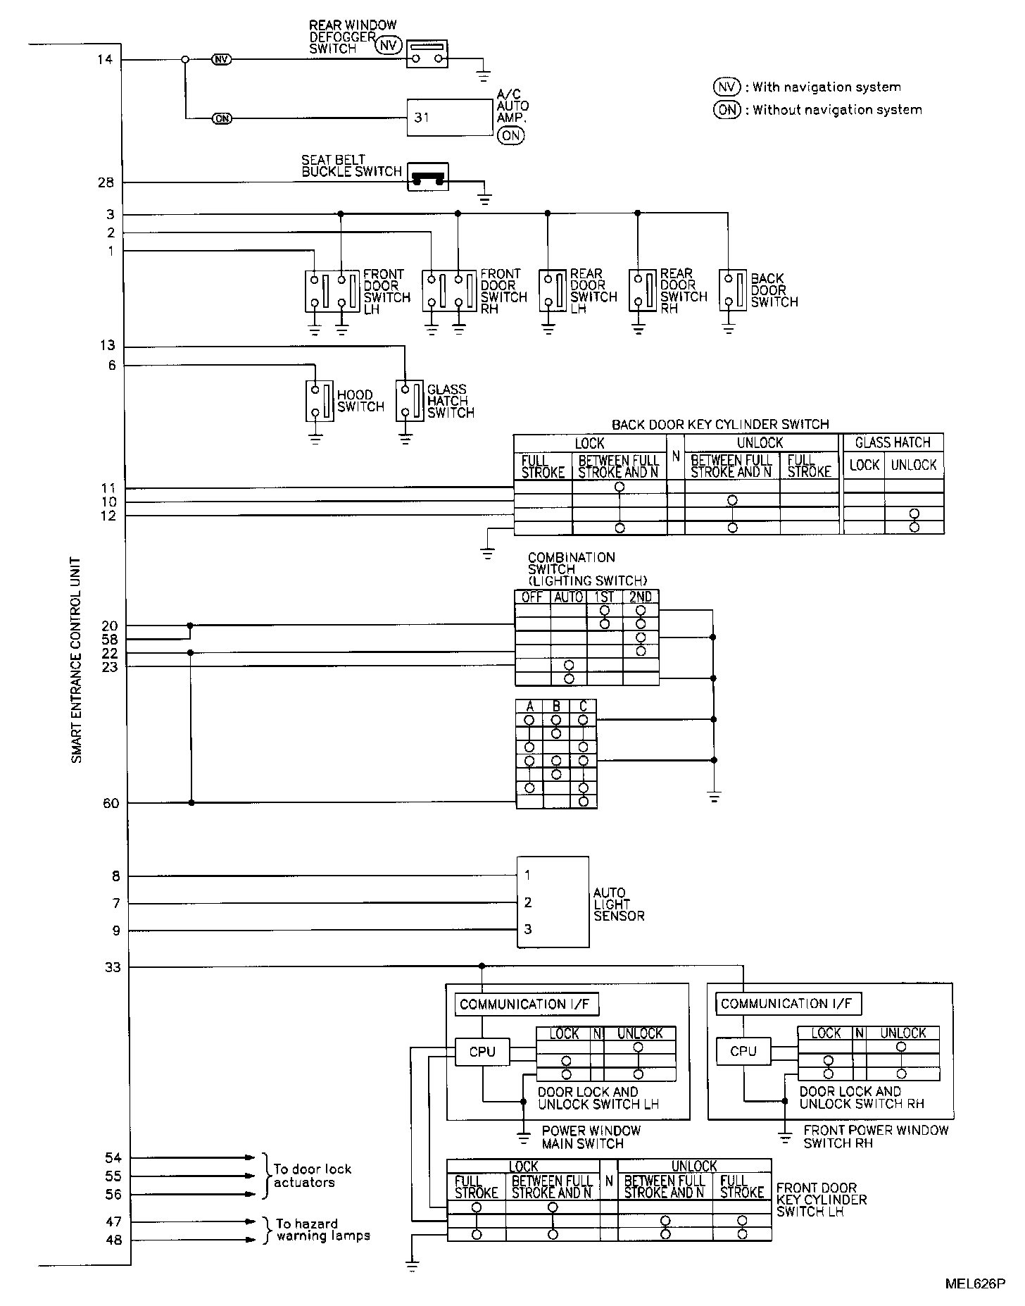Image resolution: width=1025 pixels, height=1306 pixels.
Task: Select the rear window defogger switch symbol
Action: tap(427, 54)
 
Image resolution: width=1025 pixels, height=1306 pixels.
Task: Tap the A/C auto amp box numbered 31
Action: tap(450, 118)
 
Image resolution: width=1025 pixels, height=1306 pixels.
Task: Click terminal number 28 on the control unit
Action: tap(106, 183)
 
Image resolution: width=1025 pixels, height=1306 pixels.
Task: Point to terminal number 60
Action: tap(111, 803)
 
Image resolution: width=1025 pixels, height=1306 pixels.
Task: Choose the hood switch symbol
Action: tap(320, 401)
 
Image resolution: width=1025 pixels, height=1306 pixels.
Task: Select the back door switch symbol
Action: tap(734, 290)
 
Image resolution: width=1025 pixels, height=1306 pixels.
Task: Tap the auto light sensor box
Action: tap(553, 902)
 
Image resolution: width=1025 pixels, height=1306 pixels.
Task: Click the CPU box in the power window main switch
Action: tap(482, 1052)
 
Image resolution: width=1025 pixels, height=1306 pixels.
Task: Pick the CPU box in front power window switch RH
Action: tap(743, 1051)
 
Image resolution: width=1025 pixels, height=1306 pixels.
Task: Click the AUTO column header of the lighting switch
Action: tap(569, 597)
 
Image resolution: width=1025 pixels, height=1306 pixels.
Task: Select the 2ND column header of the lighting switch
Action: tap(641, 597)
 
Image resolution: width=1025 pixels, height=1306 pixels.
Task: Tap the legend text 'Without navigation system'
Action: tap(837, 110)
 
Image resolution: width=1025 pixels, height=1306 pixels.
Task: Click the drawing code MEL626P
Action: tap(975, 1284)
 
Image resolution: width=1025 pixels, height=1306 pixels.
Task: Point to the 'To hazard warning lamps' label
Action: tap(323, 1229)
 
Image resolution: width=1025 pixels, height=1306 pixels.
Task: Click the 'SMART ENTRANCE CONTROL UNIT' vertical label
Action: tap(77, 660)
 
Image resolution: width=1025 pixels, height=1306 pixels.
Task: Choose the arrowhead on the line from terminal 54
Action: tap(250, 1157)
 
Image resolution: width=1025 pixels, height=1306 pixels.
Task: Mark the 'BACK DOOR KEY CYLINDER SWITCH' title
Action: tap(720, 424)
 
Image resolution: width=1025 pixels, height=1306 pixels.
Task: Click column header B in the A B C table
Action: tap(556, 707)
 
